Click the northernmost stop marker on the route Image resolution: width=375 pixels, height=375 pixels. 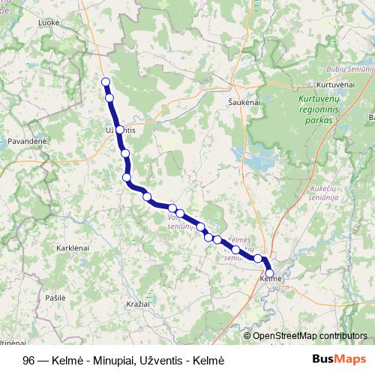tap(106, 82)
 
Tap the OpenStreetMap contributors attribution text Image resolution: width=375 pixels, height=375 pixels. tap(310, 336)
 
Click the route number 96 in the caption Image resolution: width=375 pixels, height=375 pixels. tap(28, 360)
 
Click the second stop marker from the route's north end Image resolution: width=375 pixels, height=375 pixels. tap(109, 97)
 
